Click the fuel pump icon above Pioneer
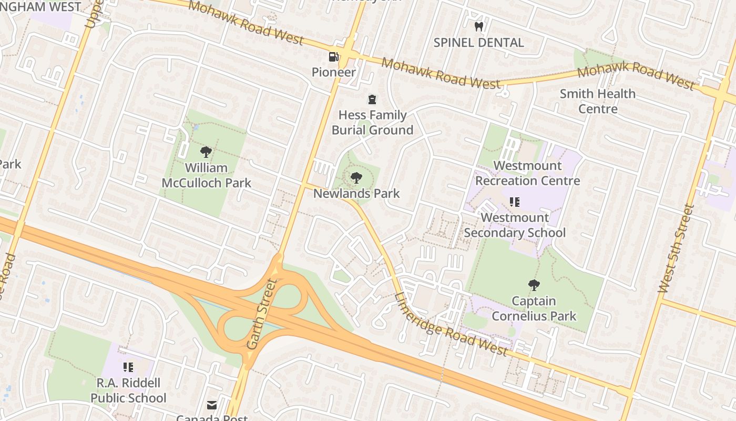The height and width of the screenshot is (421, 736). (x=333, y=56)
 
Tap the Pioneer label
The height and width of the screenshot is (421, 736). (x=334, y=72)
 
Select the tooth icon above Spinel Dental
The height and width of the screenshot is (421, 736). (x=478, y=26)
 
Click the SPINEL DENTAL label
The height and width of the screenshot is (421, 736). (x=478, y=43)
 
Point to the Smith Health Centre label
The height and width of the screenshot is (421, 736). (x=598, y=101)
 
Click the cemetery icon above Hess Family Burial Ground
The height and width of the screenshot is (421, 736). (x=372, y=99)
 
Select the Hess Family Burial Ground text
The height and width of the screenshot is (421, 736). (x=372, y=123)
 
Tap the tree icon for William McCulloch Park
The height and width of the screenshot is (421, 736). (x=206, y=152)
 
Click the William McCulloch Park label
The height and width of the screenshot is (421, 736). (x=206, y=175)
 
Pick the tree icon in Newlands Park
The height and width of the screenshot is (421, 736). (x=356, y=177)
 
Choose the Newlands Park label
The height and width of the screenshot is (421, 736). (x=356, y=193)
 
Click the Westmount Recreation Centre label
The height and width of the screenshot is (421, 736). (x=527, y=173)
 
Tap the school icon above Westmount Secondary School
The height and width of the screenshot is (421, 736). (x=515, y=202)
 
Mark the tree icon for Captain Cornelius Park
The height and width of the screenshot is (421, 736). (x=534, y=285)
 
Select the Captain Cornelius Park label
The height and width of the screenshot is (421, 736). (x=534, y=308)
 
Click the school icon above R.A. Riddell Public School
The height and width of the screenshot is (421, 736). (x=128, y=367)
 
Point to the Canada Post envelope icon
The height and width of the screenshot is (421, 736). (x=211, y=405)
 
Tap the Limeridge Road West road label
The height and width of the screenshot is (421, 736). (x=451, y=325)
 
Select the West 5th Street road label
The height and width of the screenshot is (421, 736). (x=676, y=248)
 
